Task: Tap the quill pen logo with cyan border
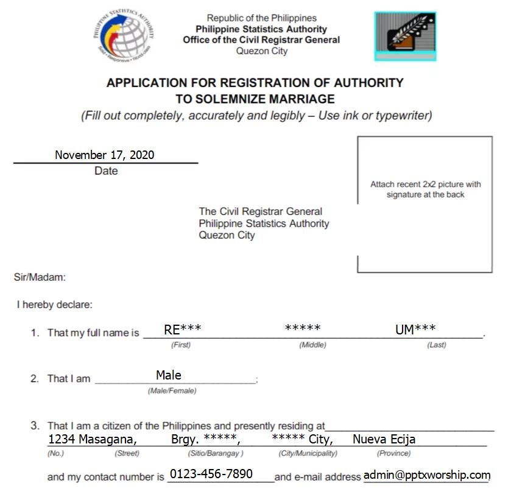tap(405, 36)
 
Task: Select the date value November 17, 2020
tap(104, 155)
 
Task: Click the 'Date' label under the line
tap(106, 171)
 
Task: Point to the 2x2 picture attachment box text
tap(425, 189)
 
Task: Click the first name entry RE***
tap(182, 330)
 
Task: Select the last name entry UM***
tap(415, 330)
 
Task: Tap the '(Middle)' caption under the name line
tap(312, 345)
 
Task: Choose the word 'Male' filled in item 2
tap(169, 375)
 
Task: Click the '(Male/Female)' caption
tap(172, 390)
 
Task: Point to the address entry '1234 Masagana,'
tap(93, 439)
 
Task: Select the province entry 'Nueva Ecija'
tap(384, 439)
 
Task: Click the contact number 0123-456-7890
tap(211, 474)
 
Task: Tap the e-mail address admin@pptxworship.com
tap(426, 475)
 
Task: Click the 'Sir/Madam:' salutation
tap(40, 278)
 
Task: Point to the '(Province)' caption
tap(393, 453)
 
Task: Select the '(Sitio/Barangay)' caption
tap(216, 453)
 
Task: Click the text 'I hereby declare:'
tap(54, 305)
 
